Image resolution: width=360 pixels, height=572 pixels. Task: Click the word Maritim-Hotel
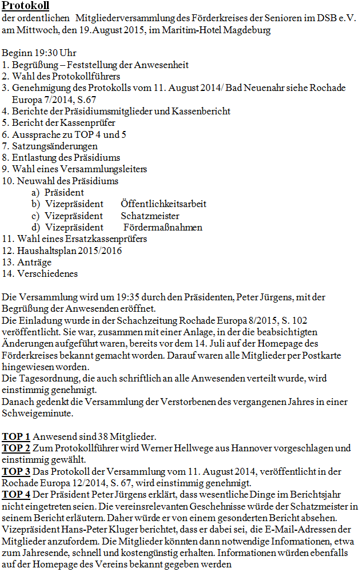pos(195,30)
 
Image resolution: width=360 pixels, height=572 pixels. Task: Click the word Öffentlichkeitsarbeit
pos(164,204)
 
